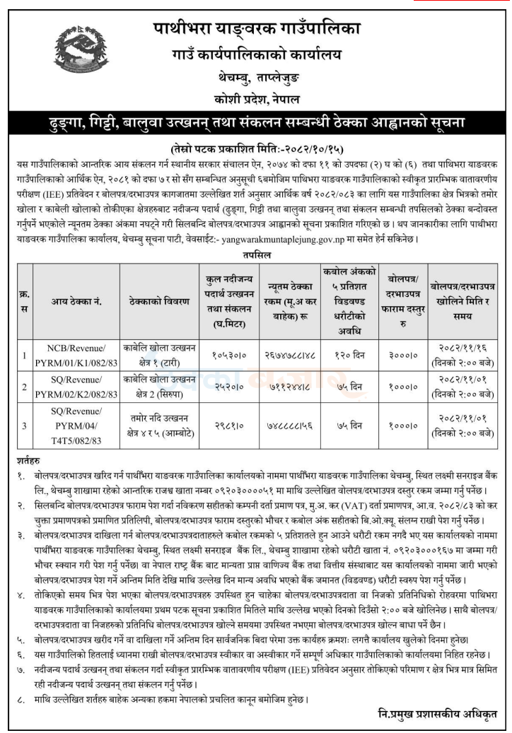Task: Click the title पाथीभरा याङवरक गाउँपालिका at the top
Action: (x=257, y=29)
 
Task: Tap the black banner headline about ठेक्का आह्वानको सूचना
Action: (x=256, y=121)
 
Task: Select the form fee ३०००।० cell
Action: (x=401, y=354)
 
